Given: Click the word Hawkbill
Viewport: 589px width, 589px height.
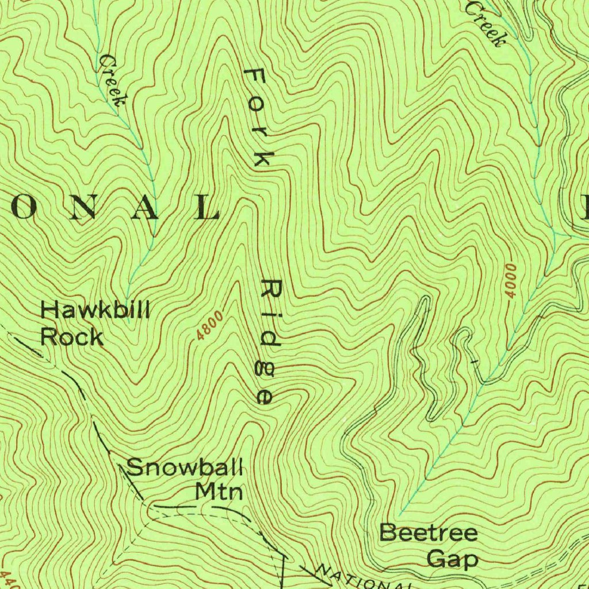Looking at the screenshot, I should [x=95, y=311].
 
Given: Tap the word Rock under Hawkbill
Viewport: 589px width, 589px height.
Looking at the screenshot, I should [x=72, y=336].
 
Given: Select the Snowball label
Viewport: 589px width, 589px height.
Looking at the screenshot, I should [x=185, y=466].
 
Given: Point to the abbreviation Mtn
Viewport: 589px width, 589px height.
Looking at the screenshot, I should [x=219, y=492].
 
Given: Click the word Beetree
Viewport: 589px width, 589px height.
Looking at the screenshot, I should [x=429, y=533].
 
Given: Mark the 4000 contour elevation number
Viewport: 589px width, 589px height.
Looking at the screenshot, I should [x=511, y=281].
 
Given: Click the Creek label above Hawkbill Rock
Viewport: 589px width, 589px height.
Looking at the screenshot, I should [x=112, y=81].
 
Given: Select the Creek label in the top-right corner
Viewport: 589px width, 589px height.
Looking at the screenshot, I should [x=486, y=23].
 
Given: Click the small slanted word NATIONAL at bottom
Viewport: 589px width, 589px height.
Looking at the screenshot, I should [x=362, y=579].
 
